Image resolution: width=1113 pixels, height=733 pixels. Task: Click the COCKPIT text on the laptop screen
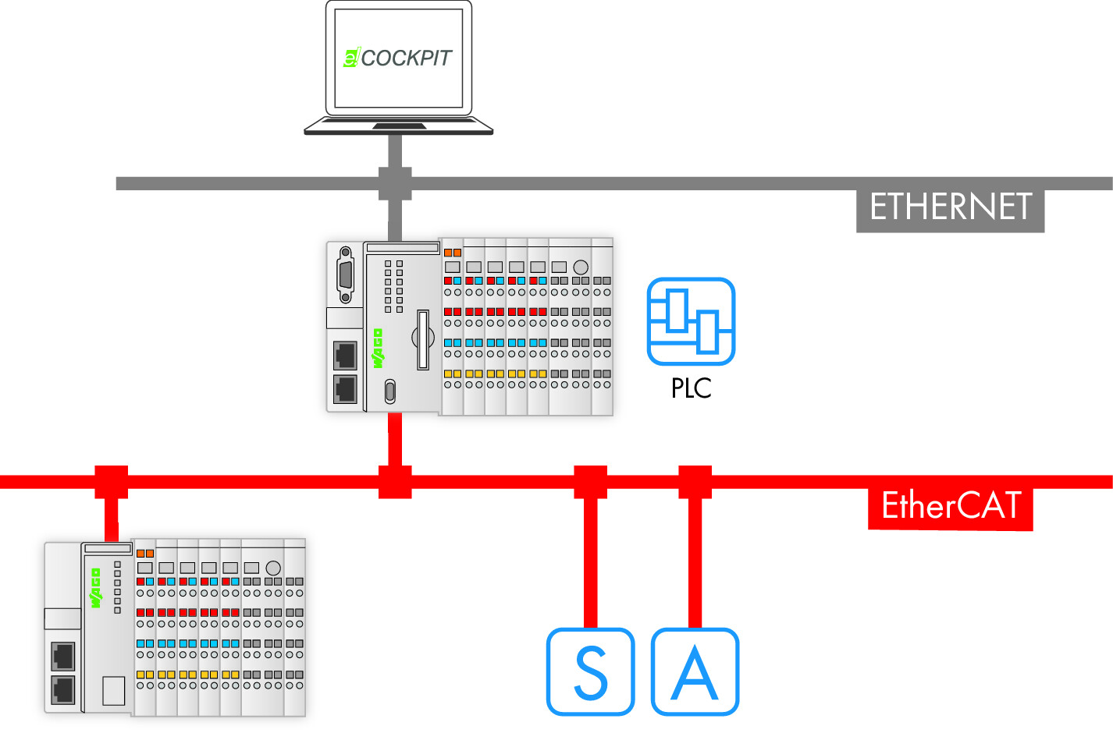point(406,58)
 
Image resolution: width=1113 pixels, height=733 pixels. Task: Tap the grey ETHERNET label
point(950,207)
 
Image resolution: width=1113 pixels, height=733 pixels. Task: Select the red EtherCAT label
point(951,506)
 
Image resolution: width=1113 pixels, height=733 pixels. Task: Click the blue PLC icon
point(691,321)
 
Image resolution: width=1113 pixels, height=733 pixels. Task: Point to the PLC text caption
point(691,388)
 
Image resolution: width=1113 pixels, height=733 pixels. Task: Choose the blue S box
point(590,671)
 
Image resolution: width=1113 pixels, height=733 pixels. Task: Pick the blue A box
point(695,671)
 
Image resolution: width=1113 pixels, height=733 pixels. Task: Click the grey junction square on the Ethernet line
point(395,183)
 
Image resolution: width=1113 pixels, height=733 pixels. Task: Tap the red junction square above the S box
point(590,482)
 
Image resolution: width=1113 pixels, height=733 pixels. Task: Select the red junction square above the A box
point(695,482)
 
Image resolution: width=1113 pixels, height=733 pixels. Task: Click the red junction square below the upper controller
point(395,482)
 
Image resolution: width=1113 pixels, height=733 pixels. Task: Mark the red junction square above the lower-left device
point(111,482)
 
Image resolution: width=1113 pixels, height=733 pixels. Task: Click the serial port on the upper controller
point(345,274)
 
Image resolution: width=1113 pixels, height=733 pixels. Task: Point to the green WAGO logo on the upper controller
point(379,348)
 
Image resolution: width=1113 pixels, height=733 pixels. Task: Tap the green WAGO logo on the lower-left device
point(96,588)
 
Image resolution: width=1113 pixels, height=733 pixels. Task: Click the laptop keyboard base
point(398,126)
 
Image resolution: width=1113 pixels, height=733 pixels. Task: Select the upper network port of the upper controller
point(345,356)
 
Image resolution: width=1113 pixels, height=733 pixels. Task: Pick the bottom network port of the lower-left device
point(62,690)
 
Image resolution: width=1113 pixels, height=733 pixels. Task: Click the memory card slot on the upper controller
point(423,339)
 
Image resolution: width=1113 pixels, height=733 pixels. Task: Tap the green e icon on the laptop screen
point(351,58)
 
